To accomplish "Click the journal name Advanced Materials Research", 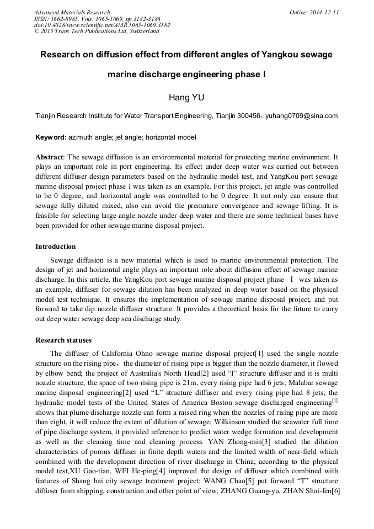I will [72, 12].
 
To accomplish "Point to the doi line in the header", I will [102, 25].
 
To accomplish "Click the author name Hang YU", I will [186, 98].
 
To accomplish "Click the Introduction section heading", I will [56, 247].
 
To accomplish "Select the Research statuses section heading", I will [63, 340].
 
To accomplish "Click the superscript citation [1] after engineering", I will [334, 401].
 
